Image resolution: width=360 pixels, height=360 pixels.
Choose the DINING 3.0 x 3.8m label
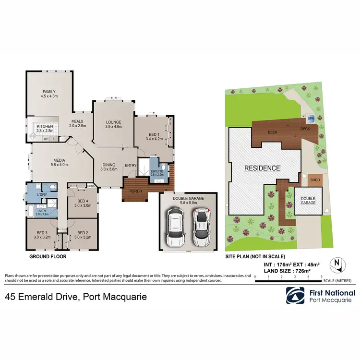click(108, 167)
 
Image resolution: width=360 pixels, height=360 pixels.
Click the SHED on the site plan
click(315, 180)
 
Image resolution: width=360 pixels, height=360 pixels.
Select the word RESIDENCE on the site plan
click(262, 168)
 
